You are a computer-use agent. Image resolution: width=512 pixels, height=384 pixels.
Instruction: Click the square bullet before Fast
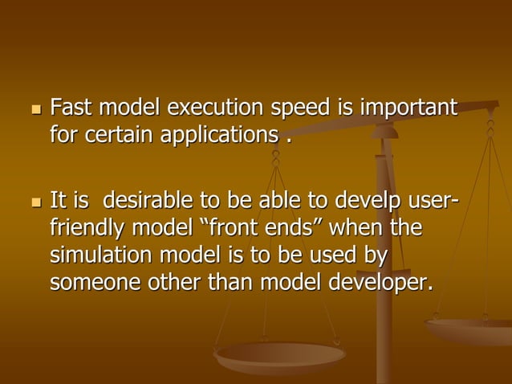point(33,108)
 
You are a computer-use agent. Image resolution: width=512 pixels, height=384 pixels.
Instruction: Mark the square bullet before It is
point(33,201)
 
